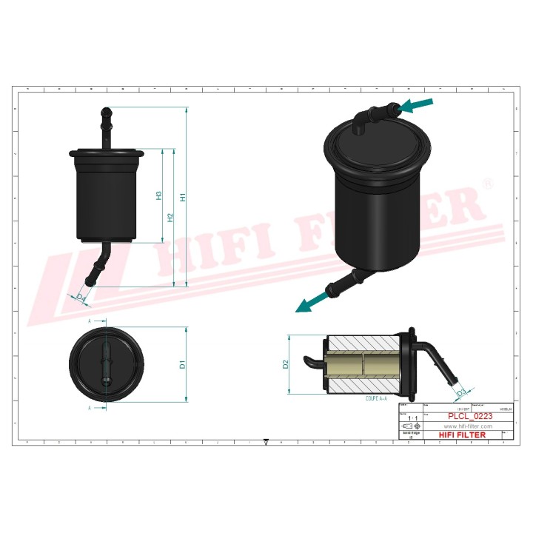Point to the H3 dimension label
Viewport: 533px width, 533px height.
click(x=158, y=195)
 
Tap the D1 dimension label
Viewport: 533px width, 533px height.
click(x=181, y=364)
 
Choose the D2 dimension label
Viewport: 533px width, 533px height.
click(x=285, y=363)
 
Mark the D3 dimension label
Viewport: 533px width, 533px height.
click(x=461, y=392)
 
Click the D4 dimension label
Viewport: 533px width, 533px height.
click(x=81, y=296)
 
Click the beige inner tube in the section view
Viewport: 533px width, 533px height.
click(x=363, y=363)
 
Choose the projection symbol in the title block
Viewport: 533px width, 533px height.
click(x=409, y=427)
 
